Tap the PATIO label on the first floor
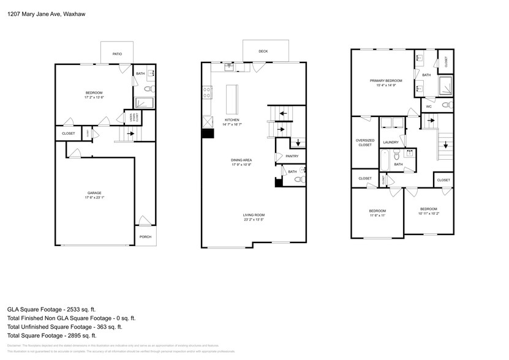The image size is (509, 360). pyautogui.click(x=117, y=54)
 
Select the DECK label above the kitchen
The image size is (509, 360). pyautogui.click(x=263, y=51)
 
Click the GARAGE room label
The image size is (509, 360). pyautogui.click(x=94, y=193)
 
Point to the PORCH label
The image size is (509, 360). pyautogui.click(x=145, y=237)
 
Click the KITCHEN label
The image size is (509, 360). pyautogui.click(x=232, y=119)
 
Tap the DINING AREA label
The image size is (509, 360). pyautogui.click(x=242, y=160)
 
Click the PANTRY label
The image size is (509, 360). pyautogui.click(x=292, y=156)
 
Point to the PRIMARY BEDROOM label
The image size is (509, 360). pyautogui.click(x=386, y=81)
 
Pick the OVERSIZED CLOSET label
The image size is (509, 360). pyautogui.click(x=365, y=143)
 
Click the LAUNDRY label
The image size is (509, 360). pyautogui.click(x=391, y=143)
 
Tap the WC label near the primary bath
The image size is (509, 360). pyautogui.click(x=429, y=107)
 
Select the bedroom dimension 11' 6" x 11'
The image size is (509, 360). pyautogui.click(x=377, y=216)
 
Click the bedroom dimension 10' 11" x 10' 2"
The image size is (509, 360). pyautogui.click(x=428, y=214)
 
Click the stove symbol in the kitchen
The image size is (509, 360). pyautogui.click(x=207, y=92)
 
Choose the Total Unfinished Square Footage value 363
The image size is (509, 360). pyautogui.click(x=121, y=327)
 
